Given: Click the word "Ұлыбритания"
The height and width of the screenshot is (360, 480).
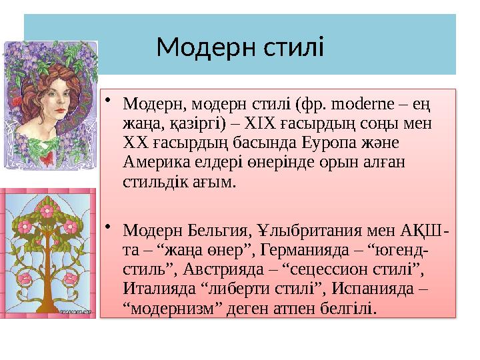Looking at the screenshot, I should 311,231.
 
